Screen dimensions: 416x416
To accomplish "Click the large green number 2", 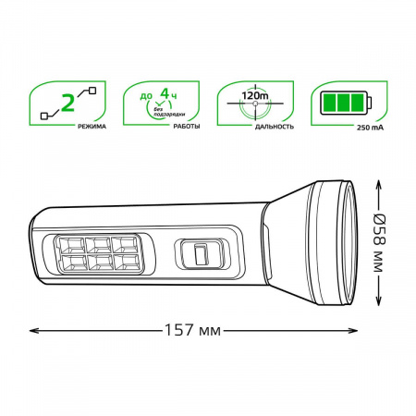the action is (x=67, y=103).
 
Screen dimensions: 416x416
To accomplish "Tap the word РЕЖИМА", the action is (x=92, y=127).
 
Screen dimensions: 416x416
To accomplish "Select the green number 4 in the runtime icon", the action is (x=165, y=93).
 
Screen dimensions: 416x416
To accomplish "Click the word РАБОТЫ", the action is (x=187, y=127).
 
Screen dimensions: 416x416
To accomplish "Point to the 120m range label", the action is (x=255, y=95).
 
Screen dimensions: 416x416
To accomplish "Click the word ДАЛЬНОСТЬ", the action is (x=275, y=127).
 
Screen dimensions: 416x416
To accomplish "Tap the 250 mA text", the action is (x=371, y=128).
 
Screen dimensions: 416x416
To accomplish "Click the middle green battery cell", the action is (x=343, y=103).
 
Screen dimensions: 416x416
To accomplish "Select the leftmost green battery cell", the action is (x=329, y=103).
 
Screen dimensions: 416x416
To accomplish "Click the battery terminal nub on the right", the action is (x=370, y=103).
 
